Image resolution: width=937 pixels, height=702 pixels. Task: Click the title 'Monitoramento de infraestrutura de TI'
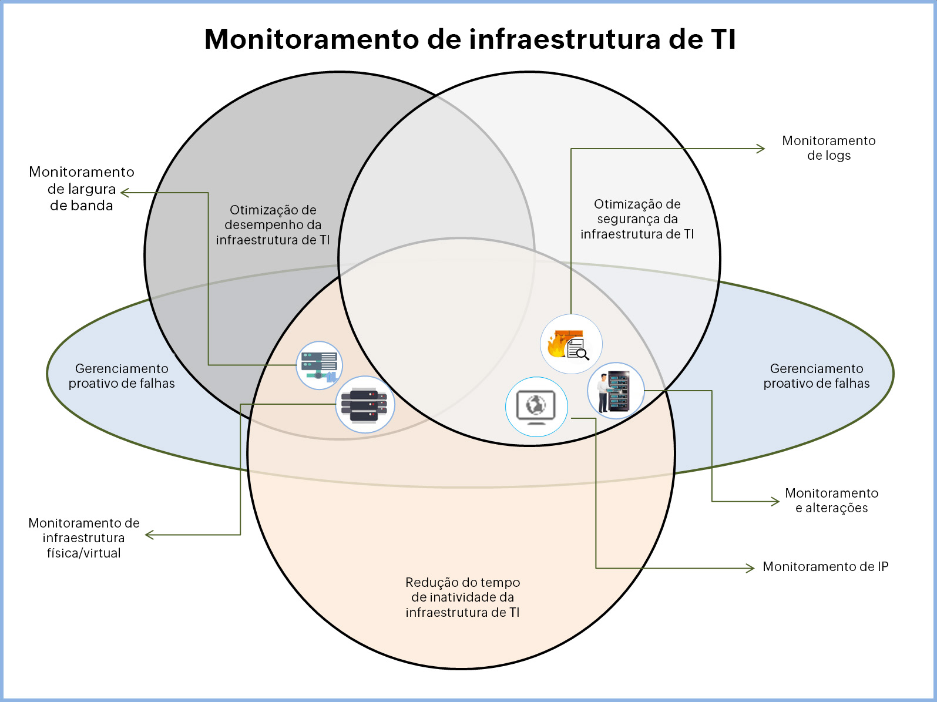469,39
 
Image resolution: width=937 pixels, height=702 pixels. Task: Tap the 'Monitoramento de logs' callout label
828,148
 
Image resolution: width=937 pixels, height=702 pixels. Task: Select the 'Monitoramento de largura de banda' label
82,189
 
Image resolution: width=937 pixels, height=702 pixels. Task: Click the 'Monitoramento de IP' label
825,567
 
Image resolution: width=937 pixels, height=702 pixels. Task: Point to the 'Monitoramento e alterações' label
831,501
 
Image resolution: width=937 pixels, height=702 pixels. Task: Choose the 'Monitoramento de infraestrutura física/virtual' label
84,538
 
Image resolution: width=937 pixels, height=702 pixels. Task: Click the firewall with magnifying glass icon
570,344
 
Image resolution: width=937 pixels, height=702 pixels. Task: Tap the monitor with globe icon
536,407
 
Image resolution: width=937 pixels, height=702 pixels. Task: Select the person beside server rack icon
615,391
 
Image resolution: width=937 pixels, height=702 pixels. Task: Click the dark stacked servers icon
365,405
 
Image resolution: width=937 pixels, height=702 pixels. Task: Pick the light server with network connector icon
319,365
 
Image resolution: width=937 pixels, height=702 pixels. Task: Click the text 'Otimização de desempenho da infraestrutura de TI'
273,225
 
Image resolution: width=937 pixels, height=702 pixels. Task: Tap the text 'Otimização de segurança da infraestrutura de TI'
637,219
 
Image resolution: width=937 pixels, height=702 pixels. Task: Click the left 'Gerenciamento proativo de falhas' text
122,376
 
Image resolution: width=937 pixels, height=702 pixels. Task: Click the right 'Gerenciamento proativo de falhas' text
816,376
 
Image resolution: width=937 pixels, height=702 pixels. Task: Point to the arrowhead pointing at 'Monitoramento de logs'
761,149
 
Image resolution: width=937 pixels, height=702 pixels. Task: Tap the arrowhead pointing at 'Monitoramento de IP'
751,568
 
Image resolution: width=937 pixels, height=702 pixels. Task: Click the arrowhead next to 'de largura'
124,193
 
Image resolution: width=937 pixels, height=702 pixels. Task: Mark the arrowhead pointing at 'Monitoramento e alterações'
776,502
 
